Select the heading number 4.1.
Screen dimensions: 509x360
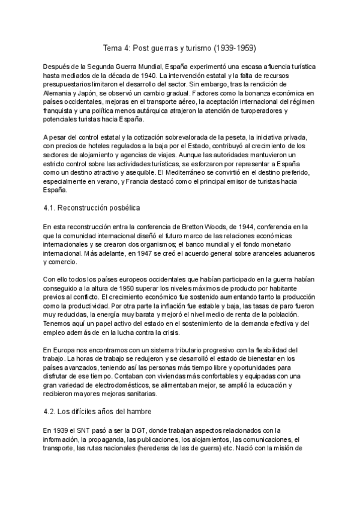click(x=51, y=208)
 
